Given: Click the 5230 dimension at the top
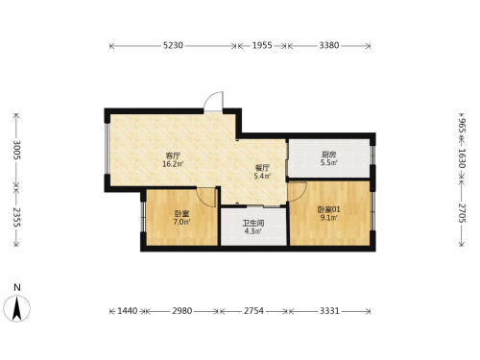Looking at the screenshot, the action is [173, 45].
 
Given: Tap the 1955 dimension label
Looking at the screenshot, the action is [262, 45].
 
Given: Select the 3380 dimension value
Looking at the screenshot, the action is [329, 45].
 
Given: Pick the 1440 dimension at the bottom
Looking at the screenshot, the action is [128, 311].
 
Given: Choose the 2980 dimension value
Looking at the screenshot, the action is [182, 311].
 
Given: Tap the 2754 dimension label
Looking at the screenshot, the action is [253, 311].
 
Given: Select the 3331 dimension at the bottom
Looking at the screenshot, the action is [329, 311].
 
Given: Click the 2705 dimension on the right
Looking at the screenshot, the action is [462, 213].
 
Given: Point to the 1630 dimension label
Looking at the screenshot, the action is [462, 158].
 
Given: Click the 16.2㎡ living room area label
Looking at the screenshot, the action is [173, 164].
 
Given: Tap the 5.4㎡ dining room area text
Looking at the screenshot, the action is [262, 176].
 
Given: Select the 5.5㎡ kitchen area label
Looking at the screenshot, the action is [328, 162].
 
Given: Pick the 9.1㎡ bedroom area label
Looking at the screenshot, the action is [328, 218].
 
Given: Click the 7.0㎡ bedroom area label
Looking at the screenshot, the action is [181, 222].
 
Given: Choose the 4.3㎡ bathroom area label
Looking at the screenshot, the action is [252, 231].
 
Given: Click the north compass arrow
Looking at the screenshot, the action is [17, 308].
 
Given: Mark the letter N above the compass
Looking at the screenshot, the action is [17, 287].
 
